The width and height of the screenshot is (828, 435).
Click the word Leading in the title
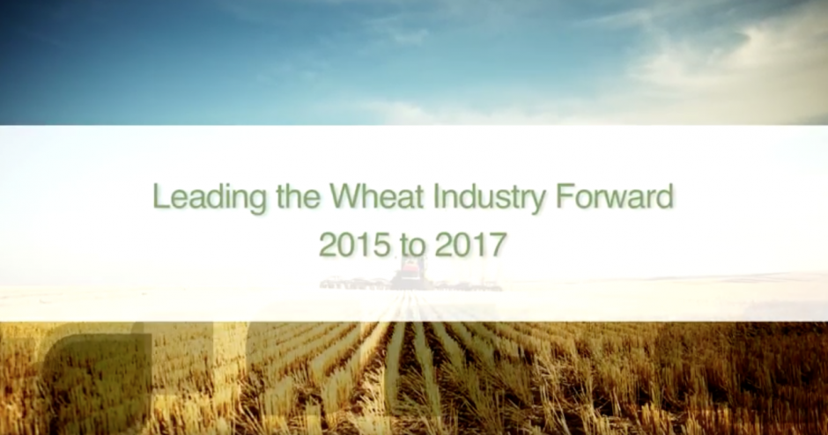point(210,198)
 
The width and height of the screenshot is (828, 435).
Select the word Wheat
point(377,195)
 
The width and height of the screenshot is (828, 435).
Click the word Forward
point(614,195)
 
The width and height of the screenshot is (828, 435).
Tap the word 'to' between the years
point(413,246)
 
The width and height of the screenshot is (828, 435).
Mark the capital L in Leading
point(160,195)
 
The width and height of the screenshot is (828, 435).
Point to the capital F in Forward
point(564,195)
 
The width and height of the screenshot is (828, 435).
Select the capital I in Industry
point(436,195)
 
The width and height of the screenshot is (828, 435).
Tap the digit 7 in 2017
point(499,245)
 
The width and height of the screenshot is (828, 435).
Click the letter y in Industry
point(538,202)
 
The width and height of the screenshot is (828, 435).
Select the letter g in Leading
point(258,202)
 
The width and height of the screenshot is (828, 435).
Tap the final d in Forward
point(665,195)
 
